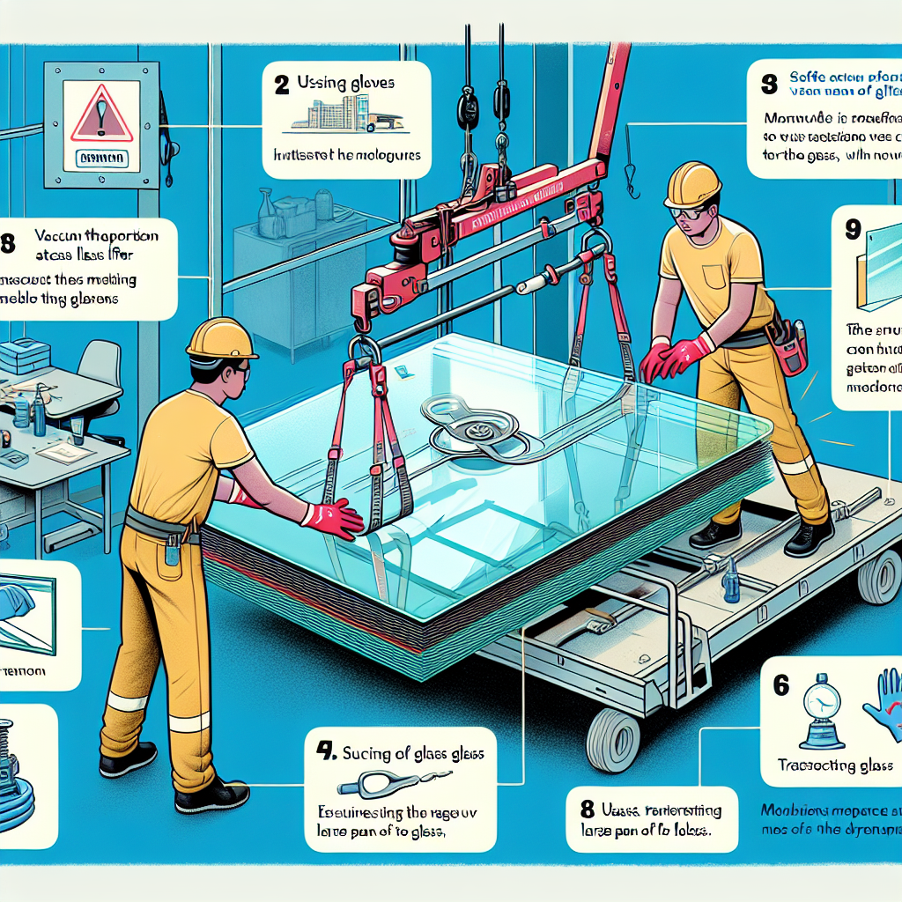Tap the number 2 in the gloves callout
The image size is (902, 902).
[x=282, y=85]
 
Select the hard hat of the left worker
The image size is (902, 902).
[x=220, y=338]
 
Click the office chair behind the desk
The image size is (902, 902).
[x=99, y=379]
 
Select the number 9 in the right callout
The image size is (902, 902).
[x=852, y=230]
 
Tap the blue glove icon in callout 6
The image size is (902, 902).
[x=881, y=705]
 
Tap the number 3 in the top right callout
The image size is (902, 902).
[x=768, y=85]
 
